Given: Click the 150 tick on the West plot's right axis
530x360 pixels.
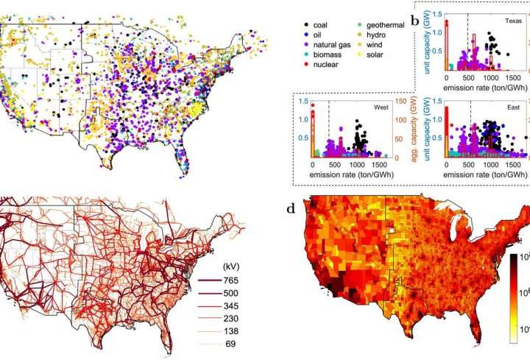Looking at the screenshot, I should coord(397,102).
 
